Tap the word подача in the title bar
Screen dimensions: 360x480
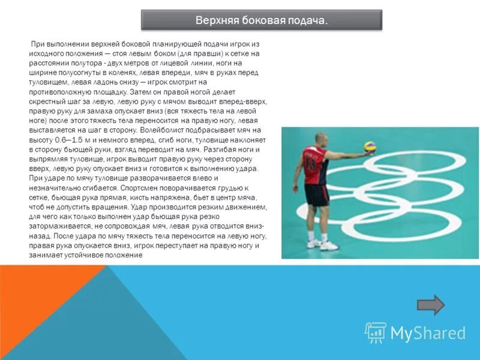pyautogui.click(x=307, y=21)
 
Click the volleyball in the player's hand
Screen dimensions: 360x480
pyautogui.click(x=371, y=148)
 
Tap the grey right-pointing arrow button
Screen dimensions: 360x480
pyautogui.click(x=431, y=305)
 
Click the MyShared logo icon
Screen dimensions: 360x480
pyautogui.click(x=376, y=332)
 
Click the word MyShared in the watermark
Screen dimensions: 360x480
pyautogui.click(x=428, y=333)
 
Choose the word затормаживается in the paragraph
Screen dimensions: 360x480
pyautogui.click(x=59, y=226)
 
